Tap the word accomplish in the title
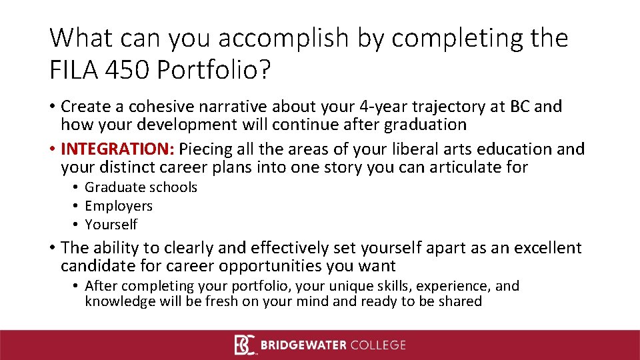[x=264, y=39]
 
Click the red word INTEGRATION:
[x=117, y=149]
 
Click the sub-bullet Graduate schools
[x=141, y=187]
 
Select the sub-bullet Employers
[x=119, y=206]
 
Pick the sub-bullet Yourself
[x=111, y=225]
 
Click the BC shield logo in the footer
[x=245, y=345]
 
